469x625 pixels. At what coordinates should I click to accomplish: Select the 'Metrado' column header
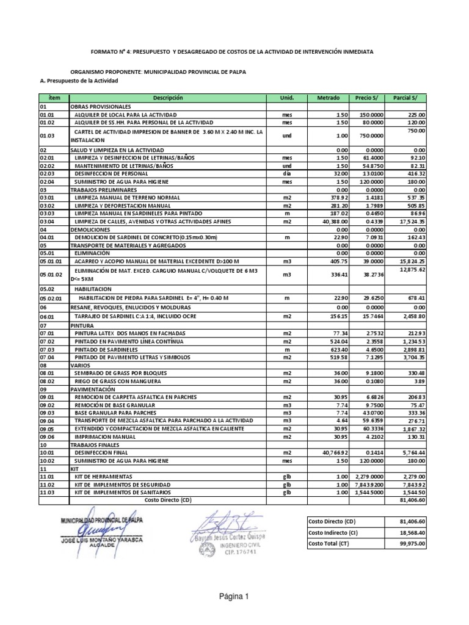(328, 98)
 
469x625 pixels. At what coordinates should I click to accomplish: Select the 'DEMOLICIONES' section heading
(90, 229)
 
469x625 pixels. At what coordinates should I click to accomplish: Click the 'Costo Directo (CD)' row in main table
(168, 499)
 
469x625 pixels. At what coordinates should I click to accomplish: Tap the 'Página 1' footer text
(234, 598)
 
